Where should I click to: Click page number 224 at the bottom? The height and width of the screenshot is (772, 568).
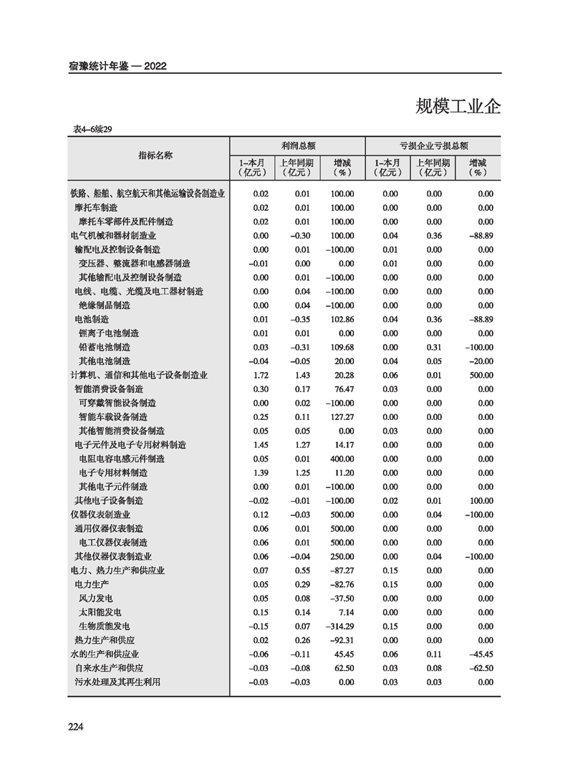click(77, 727)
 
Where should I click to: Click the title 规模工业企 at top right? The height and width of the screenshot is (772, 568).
click(458, 107)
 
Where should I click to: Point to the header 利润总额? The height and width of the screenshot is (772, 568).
click(297, 145)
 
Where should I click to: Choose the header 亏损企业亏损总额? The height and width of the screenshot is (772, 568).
click(434, 145)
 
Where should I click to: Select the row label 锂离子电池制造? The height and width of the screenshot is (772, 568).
click(109, 333)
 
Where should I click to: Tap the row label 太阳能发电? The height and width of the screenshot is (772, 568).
click(100, 612)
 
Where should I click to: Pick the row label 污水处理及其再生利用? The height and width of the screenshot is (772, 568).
click(117, 682)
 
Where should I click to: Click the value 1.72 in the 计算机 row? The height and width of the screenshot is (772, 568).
click(261, 376)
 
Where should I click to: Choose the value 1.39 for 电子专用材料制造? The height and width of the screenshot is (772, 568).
click(261, 473)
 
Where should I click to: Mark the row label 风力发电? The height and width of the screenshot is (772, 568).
click(96, 599)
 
